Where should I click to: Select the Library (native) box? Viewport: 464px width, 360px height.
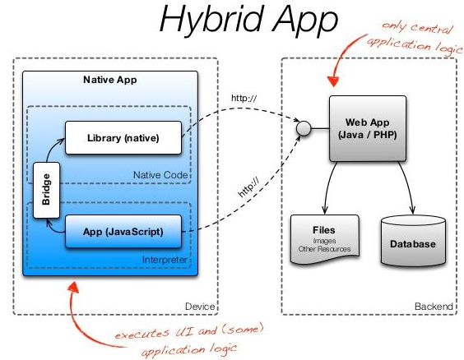(x=123, y=137)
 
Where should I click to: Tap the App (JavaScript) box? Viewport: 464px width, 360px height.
(x=123, y=232)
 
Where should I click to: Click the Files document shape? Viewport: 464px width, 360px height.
(x=325, y=239)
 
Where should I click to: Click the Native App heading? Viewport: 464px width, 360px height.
(x=109, y=81)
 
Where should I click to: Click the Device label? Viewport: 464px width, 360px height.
(x=199, y=307)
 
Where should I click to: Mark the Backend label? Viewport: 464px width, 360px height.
(x=433, y=307)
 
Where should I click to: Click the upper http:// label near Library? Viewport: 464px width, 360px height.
(x=244, y=101)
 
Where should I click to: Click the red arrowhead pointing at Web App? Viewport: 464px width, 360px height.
(x=332, y=81)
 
